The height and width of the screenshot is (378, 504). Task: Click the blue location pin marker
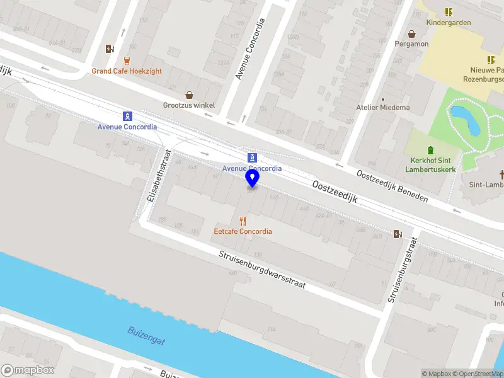[252, 179]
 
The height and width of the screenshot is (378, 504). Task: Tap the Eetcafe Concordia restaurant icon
[243, 221]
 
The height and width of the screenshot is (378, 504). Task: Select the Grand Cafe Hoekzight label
[127, 71]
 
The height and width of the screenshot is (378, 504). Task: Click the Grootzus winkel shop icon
[189, 95]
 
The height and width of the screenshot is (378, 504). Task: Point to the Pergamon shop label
[411, 44]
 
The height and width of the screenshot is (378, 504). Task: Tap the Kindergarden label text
[449, 23]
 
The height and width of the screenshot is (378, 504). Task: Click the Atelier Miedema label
[382, 107]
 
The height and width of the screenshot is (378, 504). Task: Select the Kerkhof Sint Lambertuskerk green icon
[430, 150]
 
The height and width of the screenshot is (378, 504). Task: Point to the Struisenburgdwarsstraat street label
[262, 270]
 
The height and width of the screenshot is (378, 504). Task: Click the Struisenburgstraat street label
[404, 269]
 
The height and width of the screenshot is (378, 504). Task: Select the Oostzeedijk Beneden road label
[392, 186]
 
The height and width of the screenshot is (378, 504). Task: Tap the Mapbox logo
[28, 370]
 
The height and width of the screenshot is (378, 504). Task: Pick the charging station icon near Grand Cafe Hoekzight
[110, 49]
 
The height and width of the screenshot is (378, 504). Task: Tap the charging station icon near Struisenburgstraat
[398, 234]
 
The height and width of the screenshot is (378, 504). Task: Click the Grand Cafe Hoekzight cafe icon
[127, 61]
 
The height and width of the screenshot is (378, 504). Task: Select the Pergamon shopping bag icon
[411, 34]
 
